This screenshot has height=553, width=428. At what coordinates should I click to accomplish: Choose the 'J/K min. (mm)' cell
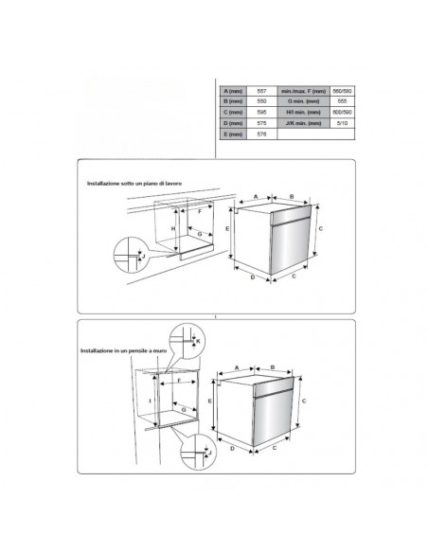[304, 124]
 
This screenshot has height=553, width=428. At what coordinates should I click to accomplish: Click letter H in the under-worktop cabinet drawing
[172, 230]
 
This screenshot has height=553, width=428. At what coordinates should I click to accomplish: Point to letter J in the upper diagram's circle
[141, 255]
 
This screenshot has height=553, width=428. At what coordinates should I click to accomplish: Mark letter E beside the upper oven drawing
[227, 229]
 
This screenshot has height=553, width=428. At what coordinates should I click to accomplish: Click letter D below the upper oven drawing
[253, 279]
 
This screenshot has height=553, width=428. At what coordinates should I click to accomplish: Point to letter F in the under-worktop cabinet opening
[201, 213]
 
